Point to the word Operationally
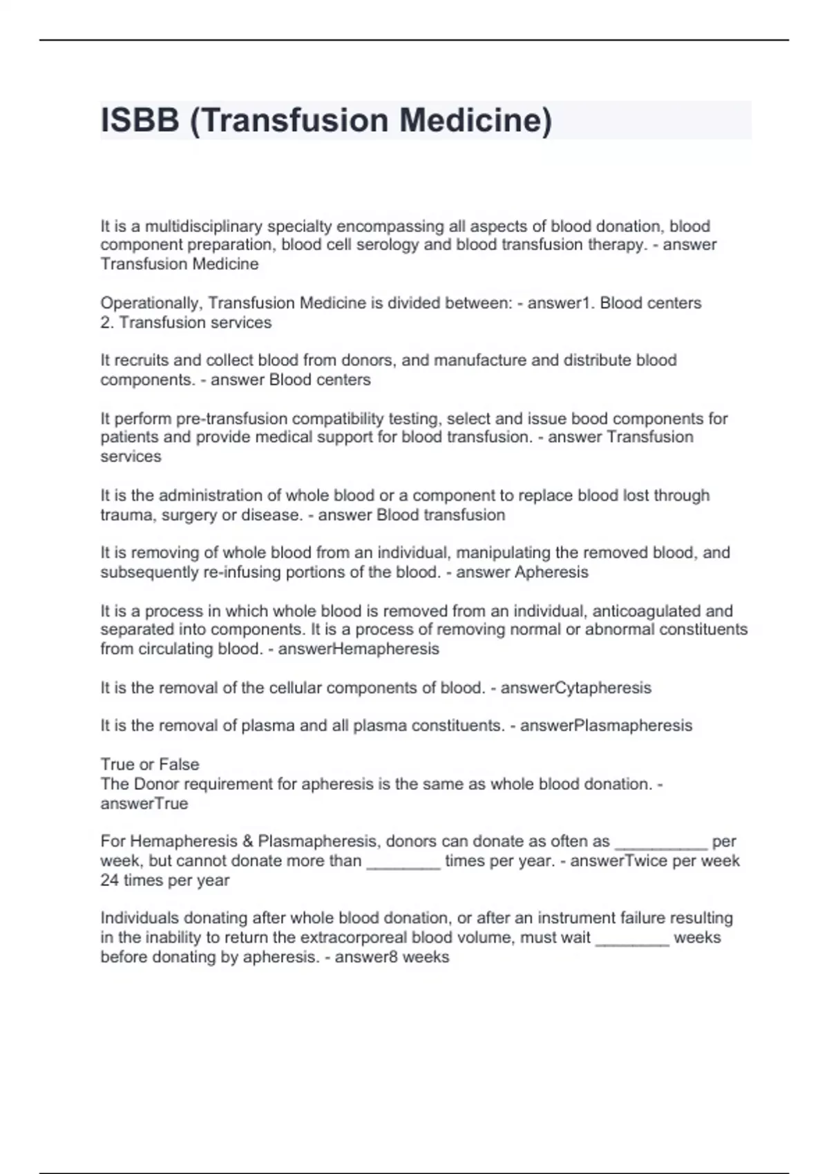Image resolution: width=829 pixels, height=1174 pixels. (151, 303)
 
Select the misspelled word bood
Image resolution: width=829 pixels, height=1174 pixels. (590, 418)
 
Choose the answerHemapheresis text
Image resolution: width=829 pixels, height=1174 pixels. (358, 649)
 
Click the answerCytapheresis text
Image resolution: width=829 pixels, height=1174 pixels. (575, 688)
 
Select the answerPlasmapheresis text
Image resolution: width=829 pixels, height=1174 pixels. (606, 726)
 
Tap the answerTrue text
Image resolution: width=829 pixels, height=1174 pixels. (144, 804)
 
